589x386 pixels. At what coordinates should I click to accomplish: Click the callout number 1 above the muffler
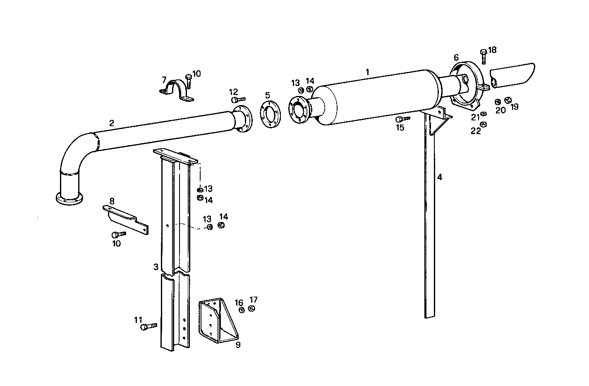tap(367, 72)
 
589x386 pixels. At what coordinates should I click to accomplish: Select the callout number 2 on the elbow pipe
tap(112, 123)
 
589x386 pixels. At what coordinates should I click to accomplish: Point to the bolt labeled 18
tap(483, 57)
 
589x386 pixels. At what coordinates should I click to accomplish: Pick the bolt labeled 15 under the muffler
tap(402, 119)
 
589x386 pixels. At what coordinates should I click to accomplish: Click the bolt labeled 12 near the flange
tap(238, 100)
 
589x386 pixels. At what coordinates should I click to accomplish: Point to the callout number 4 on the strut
tap(440, 177)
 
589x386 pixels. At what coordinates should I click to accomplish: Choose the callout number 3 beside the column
tap(156, 267)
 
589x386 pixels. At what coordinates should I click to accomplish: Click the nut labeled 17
tap(251, 309)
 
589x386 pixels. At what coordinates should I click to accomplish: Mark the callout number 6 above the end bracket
tap(456, 57)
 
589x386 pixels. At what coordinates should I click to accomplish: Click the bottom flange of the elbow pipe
tap(69, 199)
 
